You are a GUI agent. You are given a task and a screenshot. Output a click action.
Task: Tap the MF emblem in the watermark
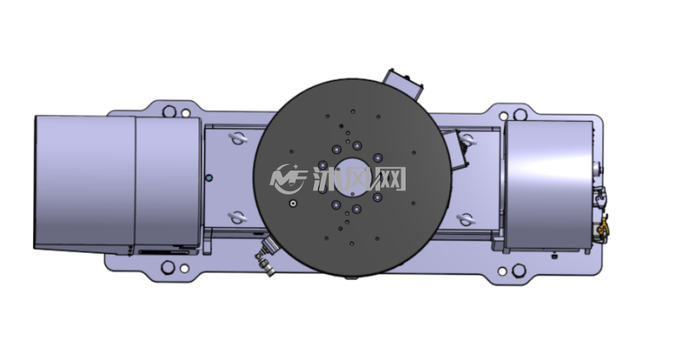[288, 179]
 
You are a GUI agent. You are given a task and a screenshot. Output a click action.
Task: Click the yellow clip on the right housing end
[603, 228]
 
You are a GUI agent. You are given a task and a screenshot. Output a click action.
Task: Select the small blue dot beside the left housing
[209, 177]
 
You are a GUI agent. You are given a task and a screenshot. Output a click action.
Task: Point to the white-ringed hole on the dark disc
[293, 203]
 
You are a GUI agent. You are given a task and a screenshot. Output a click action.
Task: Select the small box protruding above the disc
[402, 84]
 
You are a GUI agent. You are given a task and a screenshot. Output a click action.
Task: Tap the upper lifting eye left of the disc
[238, 138]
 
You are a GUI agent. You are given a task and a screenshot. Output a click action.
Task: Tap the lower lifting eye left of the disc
[237, 217]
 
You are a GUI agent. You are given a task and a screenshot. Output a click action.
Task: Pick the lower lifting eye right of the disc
[466, 220]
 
